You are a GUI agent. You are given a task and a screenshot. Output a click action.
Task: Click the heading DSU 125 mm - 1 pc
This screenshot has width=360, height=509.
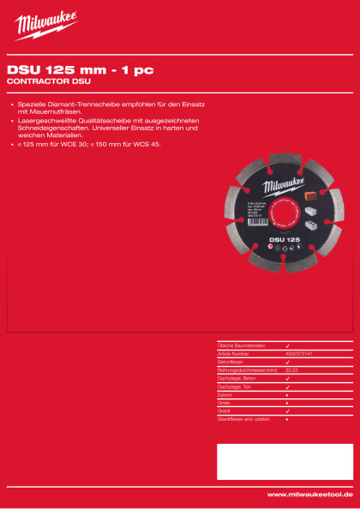coord(81,71)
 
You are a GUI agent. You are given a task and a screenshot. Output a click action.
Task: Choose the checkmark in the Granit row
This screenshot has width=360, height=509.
coord(286,411)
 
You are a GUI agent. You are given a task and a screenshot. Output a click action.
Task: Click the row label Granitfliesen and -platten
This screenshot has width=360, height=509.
coord(244,419)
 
